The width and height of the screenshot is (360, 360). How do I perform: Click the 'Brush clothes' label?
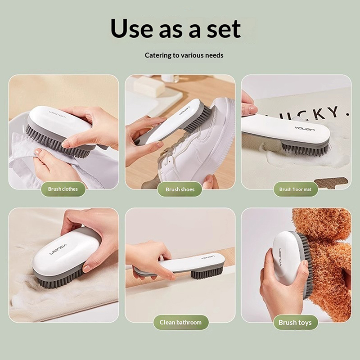(x=63, y=189)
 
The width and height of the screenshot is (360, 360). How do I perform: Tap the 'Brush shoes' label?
(x=180, y=189)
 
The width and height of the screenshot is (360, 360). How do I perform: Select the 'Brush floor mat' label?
(x=296, y=189)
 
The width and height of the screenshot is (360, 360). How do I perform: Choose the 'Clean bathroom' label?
(x=181, y=322)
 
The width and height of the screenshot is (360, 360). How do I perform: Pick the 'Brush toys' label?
(x=296, y=322)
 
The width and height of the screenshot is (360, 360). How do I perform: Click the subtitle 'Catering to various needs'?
(x=184, y=55)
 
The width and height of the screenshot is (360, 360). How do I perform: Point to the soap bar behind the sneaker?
(x=149, y=86)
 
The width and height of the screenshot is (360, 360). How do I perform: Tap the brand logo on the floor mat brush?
(x=305, y=128)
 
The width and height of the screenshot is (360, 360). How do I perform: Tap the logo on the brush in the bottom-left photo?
(x=58, y=249)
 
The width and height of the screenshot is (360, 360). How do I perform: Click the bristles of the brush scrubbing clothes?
(x=58, y=142)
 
